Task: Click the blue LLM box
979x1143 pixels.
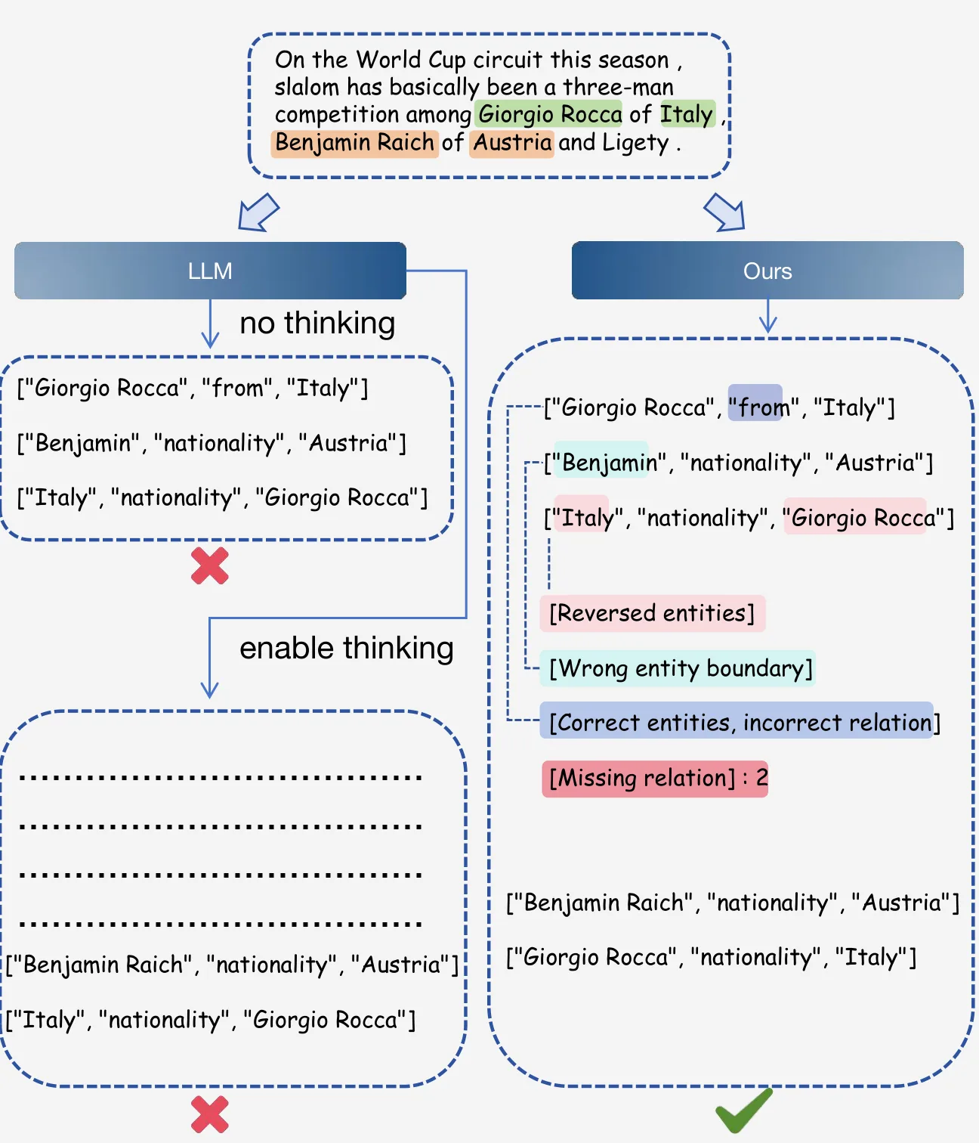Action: click(210, 271)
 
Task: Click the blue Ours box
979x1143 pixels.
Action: click(767, 271)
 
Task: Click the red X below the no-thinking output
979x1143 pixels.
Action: click(210, 565)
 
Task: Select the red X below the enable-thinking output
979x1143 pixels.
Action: click(210, 1114)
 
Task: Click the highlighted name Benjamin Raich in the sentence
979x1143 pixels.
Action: click(355, 143)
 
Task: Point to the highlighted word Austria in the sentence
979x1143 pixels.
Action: click(511, 143)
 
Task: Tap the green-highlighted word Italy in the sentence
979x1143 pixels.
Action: click(687, 114)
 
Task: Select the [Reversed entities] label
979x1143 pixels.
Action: click(653, 613)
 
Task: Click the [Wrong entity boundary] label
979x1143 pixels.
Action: click(678, 668)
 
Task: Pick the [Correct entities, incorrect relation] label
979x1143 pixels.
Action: click(740, 722)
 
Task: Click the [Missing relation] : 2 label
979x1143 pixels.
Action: click(655, 779)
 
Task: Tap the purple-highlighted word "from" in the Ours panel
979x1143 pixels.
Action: click(755, 403)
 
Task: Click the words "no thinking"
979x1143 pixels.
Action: click(317, 323)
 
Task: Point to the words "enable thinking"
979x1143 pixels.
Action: click(347, 648)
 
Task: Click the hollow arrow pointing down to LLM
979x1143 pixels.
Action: click(258, 212)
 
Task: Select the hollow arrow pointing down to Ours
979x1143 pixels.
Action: click(724, 212)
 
